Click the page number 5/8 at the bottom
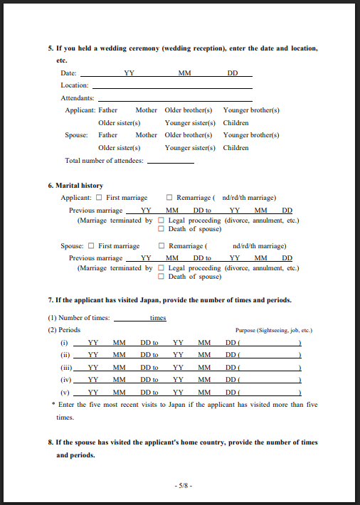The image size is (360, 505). pyautogui.click(x=184, y=485)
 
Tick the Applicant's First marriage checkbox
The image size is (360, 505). pyautogui.click(x=100, y=198)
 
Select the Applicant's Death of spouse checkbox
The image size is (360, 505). pyautogui.click(x=162, y=229)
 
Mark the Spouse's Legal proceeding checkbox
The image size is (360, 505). pyautogui.click(x=162, y=268)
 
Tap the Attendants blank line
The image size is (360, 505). pyautogui.click(x=174, y=98)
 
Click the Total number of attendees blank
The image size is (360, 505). pyautogui.click(x=170, y=161)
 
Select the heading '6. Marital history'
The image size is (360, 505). pyautogui.click(x=75, y=186)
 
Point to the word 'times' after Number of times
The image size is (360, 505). pyautogui.click(x=158, y=319)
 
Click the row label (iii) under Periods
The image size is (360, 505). pyautogui.click(x=65, y=367)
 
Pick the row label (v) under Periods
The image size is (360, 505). pyautogui.click(x=65, y=392)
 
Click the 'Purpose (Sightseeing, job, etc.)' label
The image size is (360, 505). pyautogui.click(x=274, y=331)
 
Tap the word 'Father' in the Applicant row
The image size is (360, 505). pyautogui.click(x=108, y=110)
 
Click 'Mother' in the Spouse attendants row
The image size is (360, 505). pyautogui.click(x=146, y=135)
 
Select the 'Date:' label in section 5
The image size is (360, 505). pyautogui.click(x=68, y=73)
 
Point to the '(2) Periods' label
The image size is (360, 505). pyautogui.click(x=64, y=330)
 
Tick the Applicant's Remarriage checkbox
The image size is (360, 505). pyautogui.click(x=169, y=198)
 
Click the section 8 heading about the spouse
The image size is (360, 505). pyautogui.click(x=182, y=442)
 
